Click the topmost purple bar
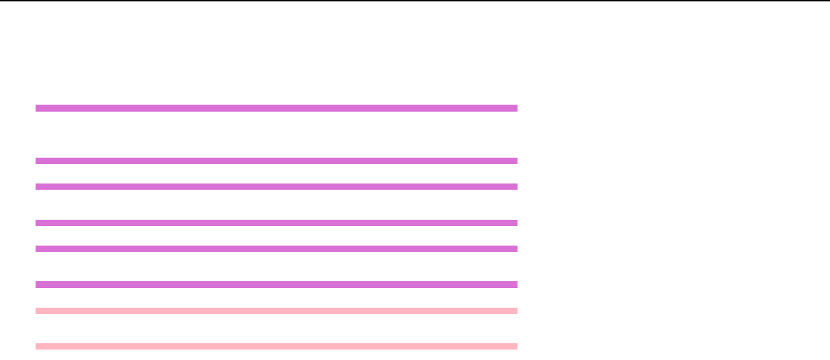(x=276, y=108)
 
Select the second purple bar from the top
(x=276, y=160)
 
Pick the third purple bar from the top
(x=276, y=186)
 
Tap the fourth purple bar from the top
(x=276, y=223)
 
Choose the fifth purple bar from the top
(x=276, y=248)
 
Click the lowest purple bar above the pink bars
(x=276, y=285)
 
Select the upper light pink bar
(x=276, y=310)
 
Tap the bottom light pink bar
(x=276, y=346)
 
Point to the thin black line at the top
(x=415, y=1)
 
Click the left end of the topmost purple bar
(x=38, y=108)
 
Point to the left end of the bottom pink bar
(x=38, y=346)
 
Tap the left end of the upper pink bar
(x=38, y=310)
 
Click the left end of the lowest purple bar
(x=38, y=285)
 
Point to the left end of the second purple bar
(x=38, y=160)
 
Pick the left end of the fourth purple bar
(x=38, y=223)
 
